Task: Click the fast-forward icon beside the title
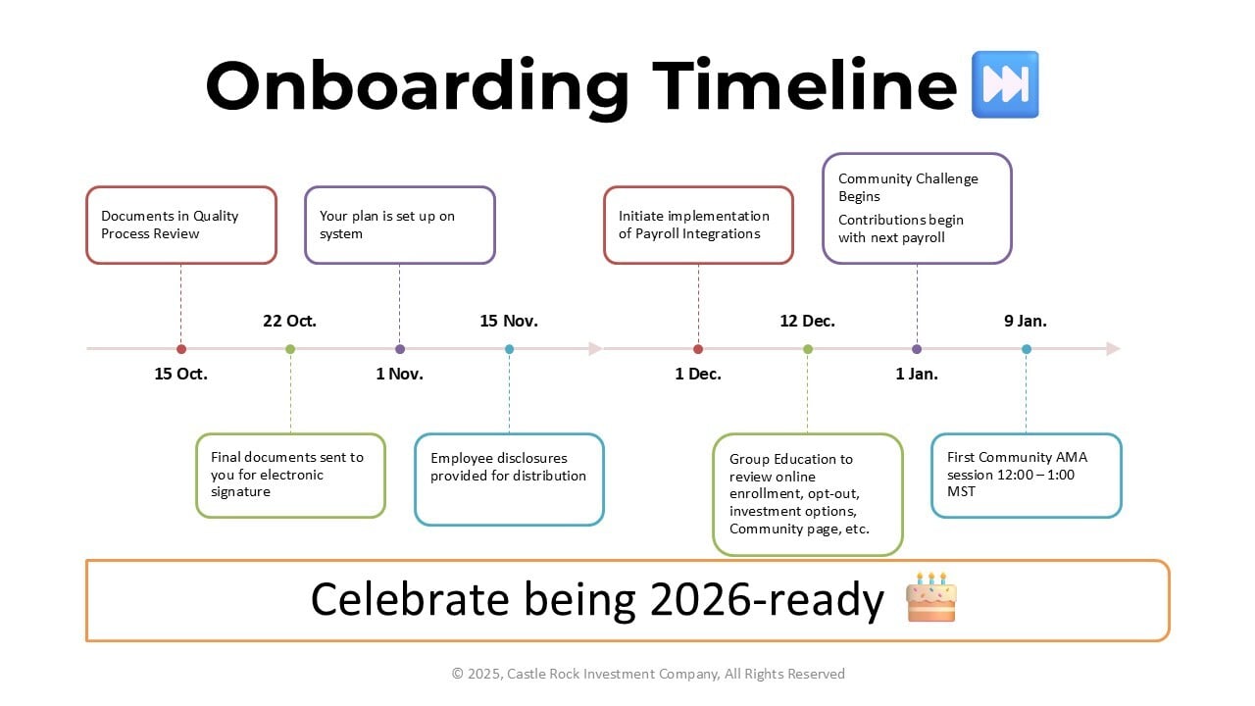pos(1005,84)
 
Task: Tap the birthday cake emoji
pos(931,597)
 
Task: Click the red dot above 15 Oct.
pos(181,349)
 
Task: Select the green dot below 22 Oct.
pos(290,349)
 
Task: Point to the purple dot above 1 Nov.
pos(399,349)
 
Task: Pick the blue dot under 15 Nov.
pos(509,349)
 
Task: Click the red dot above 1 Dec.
pos(698,349)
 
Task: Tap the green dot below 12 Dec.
pos(807,349)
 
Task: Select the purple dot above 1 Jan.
pos(917,349)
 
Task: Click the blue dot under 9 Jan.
pos(1027,349)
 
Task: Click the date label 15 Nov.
pos(509,321)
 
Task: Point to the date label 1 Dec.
pos(698,374)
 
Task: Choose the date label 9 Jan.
pos(1026,321)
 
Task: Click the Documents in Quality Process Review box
pos(181,226)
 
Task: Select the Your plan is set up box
pos(399,226)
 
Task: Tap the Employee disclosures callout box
pos(509,479)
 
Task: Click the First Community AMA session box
pos(1027,476)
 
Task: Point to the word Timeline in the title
pos(805,85)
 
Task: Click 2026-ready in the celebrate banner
pos(767,599)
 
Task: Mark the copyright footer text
pos(648,674)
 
